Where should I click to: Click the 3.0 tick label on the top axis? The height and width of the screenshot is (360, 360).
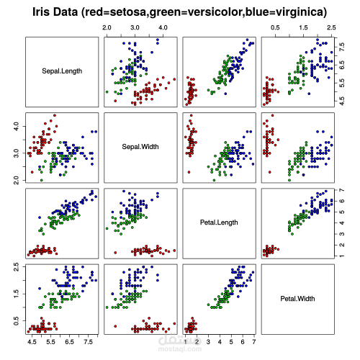pyautogui.click(x=135, y=26)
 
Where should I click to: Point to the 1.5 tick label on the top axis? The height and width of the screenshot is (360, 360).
pyautogui.click(x=303, y=26)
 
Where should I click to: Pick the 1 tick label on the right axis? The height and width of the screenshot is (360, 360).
pyautogui.click(x=341, y=256)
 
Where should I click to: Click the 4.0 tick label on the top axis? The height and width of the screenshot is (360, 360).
pyautogui.click(x=163, y=26)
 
